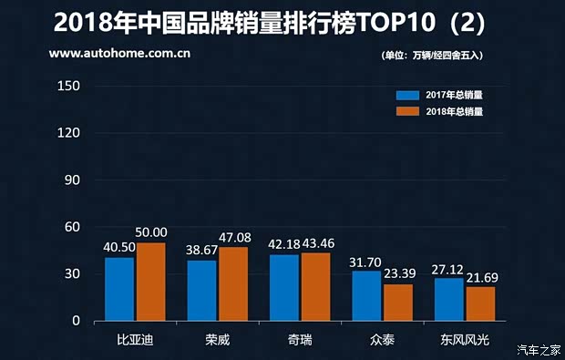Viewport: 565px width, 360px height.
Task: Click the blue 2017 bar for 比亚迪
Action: tap(119, 289)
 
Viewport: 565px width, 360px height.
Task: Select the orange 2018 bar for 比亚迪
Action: tap(150, 282)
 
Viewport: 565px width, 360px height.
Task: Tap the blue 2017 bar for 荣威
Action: tap(202, 291)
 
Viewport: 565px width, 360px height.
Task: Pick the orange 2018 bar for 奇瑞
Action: tap(316, 286)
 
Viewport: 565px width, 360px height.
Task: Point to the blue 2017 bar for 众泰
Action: tap(366, 296)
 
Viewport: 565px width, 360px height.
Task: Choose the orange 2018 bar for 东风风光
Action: tap(480, 303)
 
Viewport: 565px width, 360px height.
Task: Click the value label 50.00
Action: tap(150, 233)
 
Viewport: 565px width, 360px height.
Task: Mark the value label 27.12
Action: tap(447, 270)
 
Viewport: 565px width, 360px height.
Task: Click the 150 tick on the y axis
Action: tap(70, 87)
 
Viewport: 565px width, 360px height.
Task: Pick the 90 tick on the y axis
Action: tap(74, 180)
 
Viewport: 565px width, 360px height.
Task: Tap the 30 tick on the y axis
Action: tap(74, 274)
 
